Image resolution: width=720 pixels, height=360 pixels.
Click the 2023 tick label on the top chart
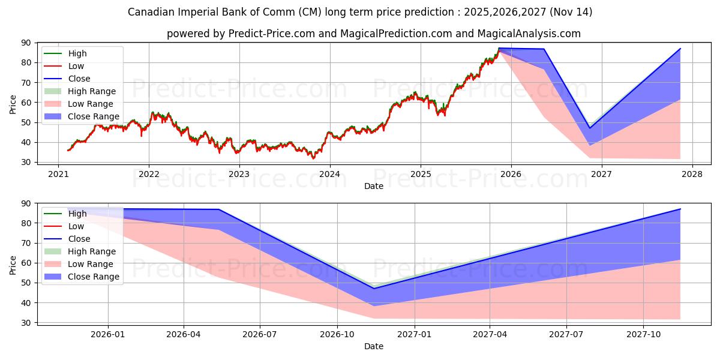pyautogui.click(x=239, y=174)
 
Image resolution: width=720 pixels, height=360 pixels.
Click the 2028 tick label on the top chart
pyautogui.click(x=692, y=174)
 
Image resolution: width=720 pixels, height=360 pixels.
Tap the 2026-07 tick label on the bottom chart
pyautogui.click(x=260, y=335)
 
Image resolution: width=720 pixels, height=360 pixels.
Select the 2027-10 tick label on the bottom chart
pyautogui.click(x=644, y=335)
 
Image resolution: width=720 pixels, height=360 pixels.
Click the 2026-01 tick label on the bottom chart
pyautogui.click(x=108, y=335)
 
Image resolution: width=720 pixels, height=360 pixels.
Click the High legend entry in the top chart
pyautogui.click(x=77, y=53)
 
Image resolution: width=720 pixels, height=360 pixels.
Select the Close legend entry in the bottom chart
pyautogui.click(x=79, y=239)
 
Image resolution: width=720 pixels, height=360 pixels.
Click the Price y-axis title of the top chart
pyautogui.click(x=13, y=103)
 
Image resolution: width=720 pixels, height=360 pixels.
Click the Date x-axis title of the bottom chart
pyautogui.click(x=374, y=346)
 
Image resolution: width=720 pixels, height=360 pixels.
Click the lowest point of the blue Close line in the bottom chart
pyautogui.click(x=374, y=289)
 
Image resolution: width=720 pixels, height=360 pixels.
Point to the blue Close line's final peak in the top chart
pyautogui.click(x=680, y=49)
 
